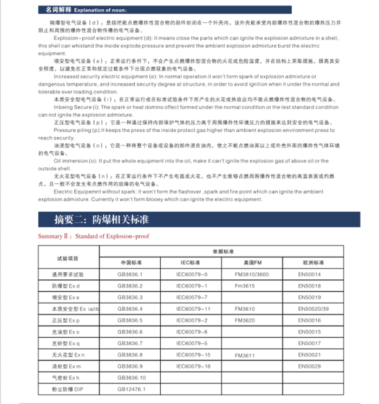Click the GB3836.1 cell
130,274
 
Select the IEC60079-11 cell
192,309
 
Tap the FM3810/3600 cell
251,274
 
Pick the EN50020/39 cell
313,309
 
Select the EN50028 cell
310,366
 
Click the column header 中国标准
130,262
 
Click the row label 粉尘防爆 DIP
68,389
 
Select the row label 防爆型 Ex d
66,286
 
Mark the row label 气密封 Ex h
65,377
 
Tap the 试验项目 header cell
68,258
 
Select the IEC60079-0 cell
192,274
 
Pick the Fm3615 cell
245,286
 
